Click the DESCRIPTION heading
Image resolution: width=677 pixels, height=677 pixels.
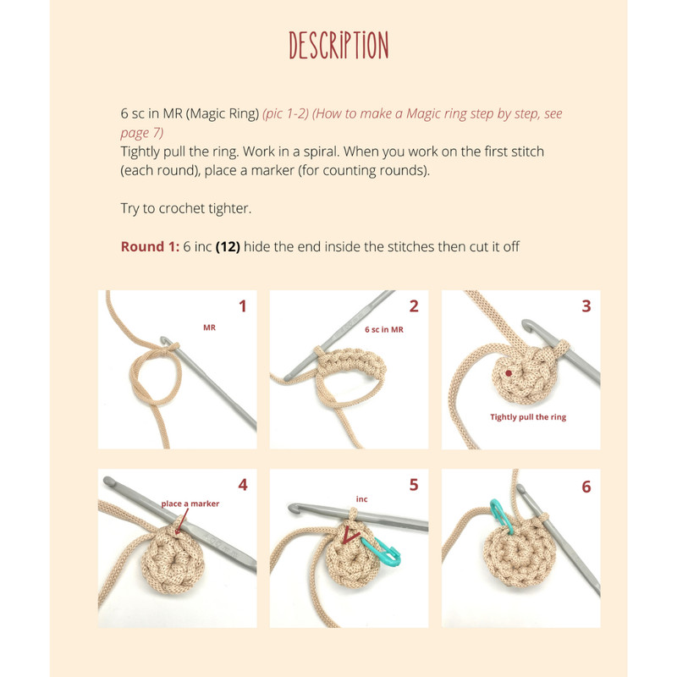click(x=338, y=45)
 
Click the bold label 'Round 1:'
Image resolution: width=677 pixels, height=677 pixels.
click(x=150, y=246)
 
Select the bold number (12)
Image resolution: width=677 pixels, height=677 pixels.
click(x=228, y=246)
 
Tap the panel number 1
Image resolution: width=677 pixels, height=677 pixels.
click(x=243, y=306)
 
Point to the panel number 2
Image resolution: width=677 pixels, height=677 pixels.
click(x=414, y=306)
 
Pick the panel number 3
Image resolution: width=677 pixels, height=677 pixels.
click(x=586, y=306)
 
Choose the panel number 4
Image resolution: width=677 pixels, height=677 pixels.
click(x=243, y=485)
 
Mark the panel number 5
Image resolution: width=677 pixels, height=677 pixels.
click(x=414, y=485)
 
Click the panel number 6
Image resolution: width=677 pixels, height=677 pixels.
click(x=586, y=487)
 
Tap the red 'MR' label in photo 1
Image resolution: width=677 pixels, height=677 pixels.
click(x=209, y=327)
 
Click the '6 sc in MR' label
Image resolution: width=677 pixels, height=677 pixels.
click(x=384, y=329)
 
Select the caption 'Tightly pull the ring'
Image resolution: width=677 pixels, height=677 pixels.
click(x=528, y=417)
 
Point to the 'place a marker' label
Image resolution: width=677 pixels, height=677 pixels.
click(x=190, y=504)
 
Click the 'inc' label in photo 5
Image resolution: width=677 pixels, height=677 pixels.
click(x=362, y=499)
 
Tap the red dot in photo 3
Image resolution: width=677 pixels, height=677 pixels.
click(x=509, y=373)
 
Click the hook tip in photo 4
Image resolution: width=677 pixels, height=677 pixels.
click(x=108, y=480)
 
